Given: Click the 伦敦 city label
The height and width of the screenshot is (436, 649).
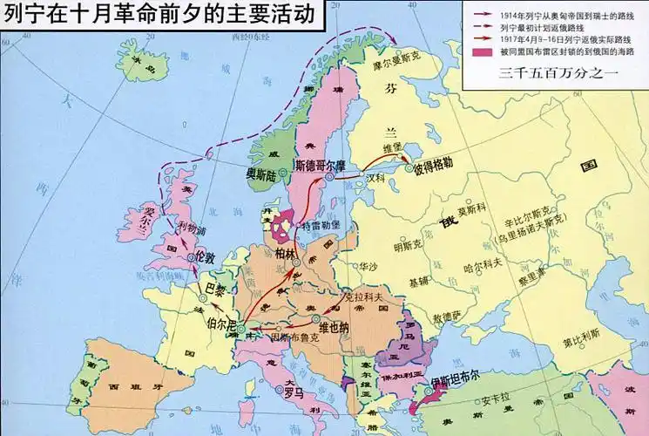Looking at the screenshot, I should [204, 259].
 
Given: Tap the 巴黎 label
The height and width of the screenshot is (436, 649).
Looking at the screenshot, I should [214, 287].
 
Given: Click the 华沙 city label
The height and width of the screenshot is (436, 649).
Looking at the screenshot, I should [368, 267].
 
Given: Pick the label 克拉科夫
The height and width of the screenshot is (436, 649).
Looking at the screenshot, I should [365, 299].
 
